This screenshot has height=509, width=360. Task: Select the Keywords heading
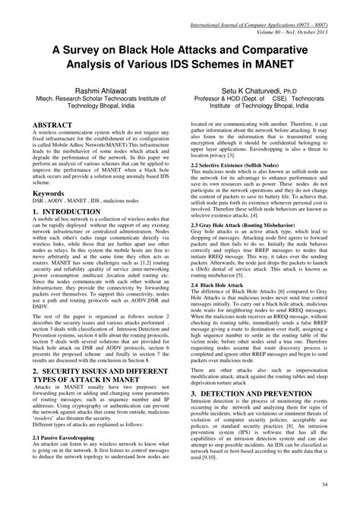click(x=50, y=194)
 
